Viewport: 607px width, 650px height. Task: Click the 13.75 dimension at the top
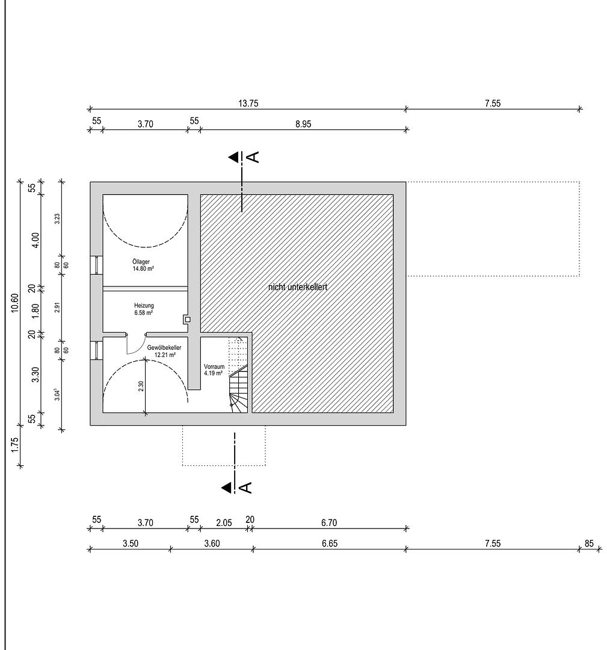click(x=248, y=103)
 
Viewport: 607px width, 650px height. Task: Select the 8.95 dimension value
click(x=303, y=124)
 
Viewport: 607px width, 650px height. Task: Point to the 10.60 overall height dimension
click(x=15, y=304)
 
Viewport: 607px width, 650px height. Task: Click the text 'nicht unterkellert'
click(x=297, y=288)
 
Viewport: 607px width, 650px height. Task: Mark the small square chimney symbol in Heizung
click(x=187, y=320)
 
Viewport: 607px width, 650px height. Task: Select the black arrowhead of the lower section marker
click(x=226, y=487)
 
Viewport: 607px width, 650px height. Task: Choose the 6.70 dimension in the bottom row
click(x=328, y=523)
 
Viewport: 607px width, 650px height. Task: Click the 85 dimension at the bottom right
click(x=588, y=543)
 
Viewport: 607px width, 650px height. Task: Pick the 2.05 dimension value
click(x=224, y=523)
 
